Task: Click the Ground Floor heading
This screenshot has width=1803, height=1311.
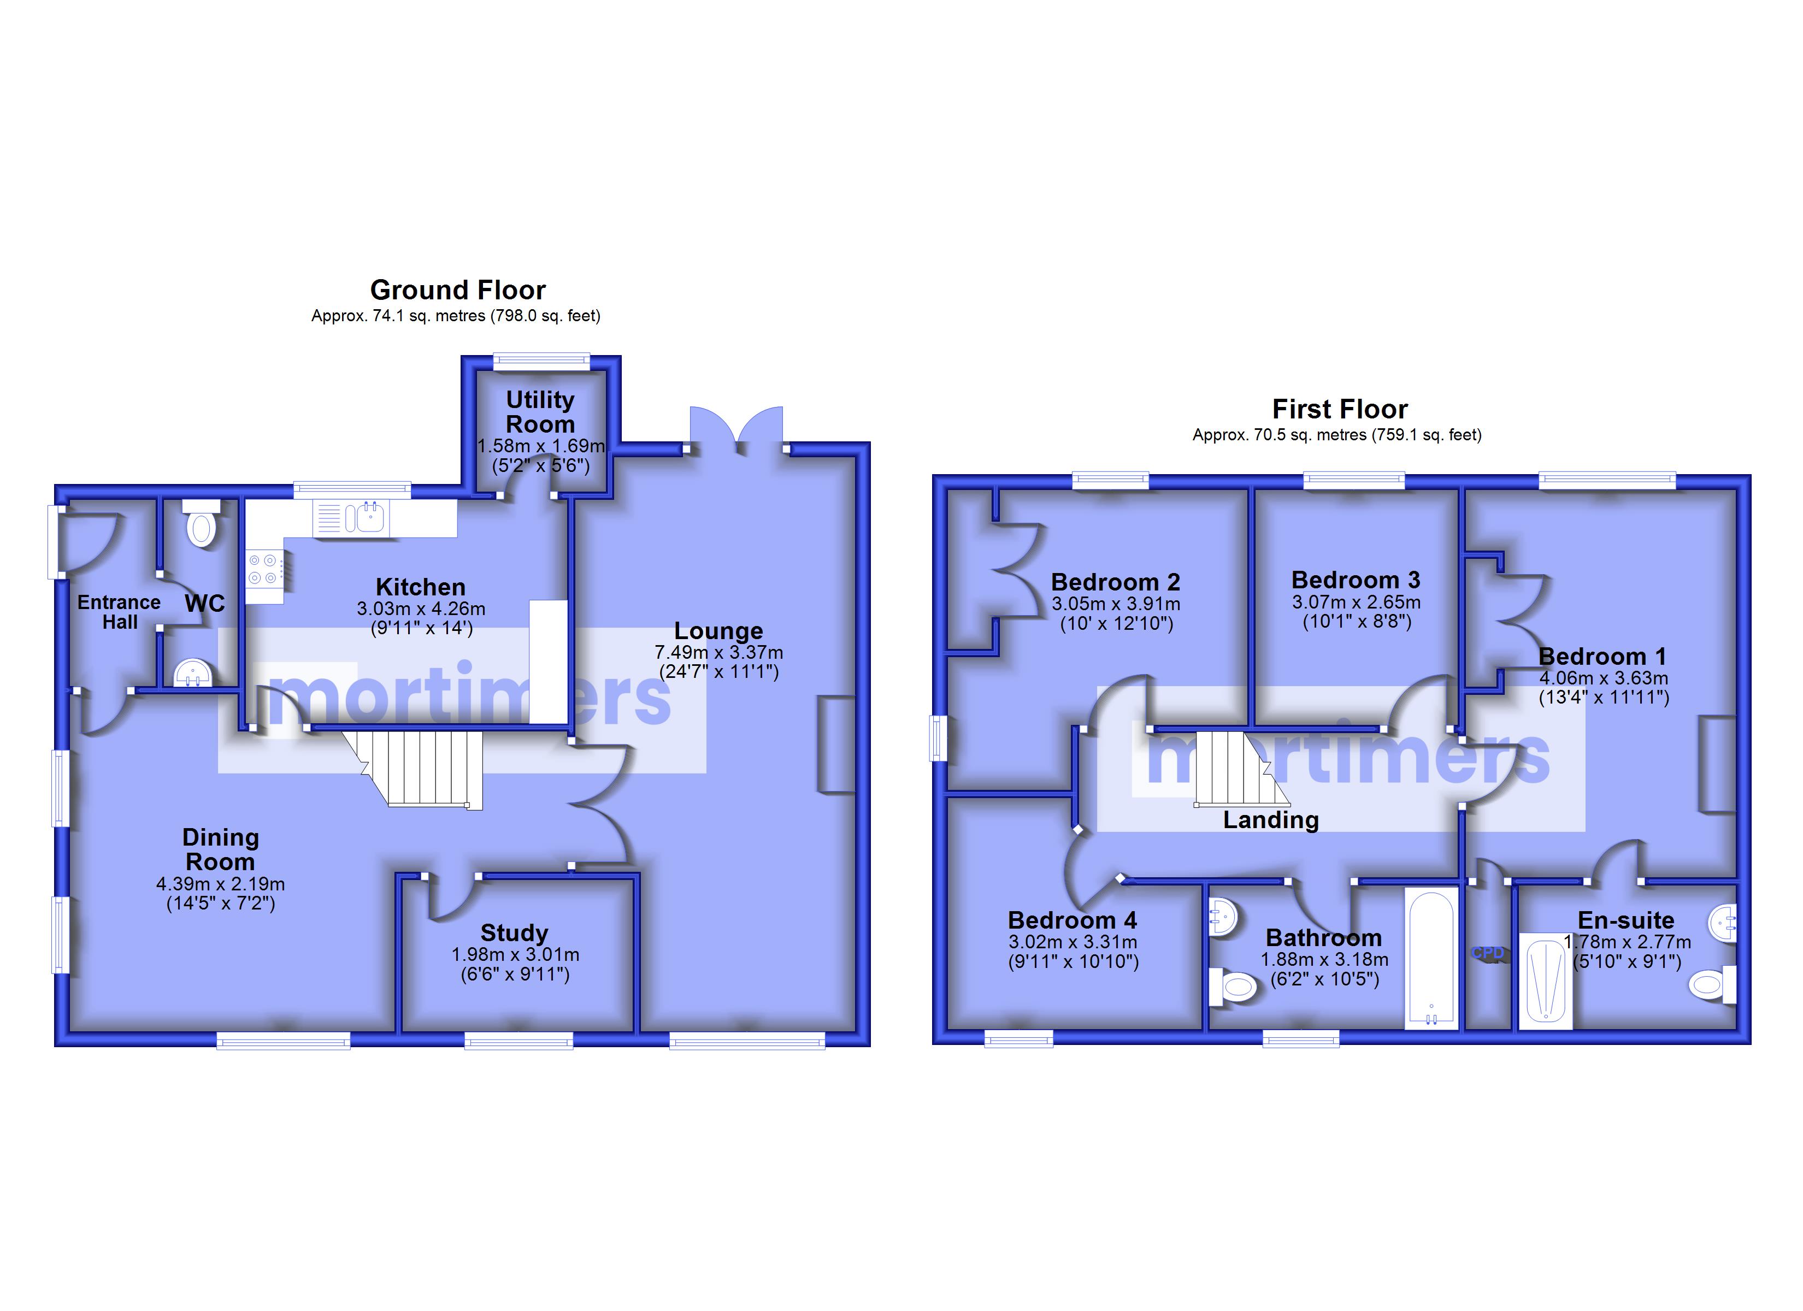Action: [x=458, y=290]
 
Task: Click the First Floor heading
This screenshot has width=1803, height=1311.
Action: [x=1340, y=410]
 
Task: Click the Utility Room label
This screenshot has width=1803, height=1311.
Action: [x=540, y=412]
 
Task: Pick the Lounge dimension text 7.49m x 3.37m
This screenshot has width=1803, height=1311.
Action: [x=718, y=653]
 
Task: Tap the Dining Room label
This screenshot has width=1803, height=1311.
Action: [x=220, y=849]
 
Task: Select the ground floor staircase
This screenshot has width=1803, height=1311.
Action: [x=417, y=769]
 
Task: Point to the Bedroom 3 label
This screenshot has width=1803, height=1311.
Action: [x=1356, y=580]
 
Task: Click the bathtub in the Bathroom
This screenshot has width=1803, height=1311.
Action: [x=1431, y=959]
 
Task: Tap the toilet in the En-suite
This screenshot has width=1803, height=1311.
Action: [x=1713, y=986]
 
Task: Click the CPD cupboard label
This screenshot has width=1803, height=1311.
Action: [x=1487, y=953]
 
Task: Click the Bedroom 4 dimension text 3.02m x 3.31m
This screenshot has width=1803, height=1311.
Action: [x=1073, y=942]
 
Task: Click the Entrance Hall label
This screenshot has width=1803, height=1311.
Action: [x=119, y=612]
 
